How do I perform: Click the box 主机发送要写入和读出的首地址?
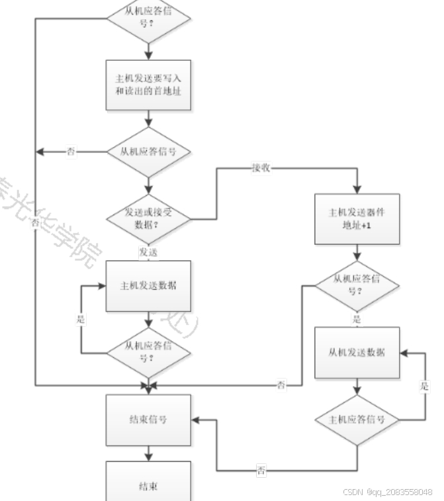pyautogui.click(x=149, y=85)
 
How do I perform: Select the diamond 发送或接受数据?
pyautogui.click(x=149, y=218)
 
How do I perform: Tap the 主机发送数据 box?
pyautogui.click(x=149, y=286)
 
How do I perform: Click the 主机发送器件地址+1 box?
pyautogui.click(x=357, y=218)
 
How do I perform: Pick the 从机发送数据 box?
pyautogui.click(x=357, y=352)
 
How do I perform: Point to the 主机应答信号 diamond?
pyautogui.click(x=357, y=420)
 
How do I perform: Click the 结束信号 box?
pyautogui.click(x=149, y=420)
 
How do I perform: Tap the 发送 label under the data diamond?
pyautogui.click(x=148, y=251)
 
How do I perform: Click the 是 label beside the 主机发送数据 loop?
pyautogui.click(x=81, y=318)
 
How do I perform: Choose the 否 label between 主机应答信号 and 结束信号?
pyautogui.click(x=262, y=471)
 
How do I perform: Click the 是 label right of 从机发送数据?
pyautogui.click(x=425, y=386)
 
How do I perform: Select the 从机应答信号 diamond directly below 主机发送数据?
pyautogui.click(x=149, y=352)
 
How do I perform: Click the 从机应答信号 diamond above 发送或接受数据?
pyautogui.click(x=149, y=152)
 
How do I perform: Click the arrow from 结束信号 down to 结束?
pyautogui.click(x=149, y=453)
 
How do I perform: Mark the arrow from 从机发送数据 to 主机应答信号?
pyautogui.click(x=357, y=387)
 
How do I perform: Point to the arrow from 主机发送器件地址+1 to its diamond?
pyautogui.click(x=357, y=252)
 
